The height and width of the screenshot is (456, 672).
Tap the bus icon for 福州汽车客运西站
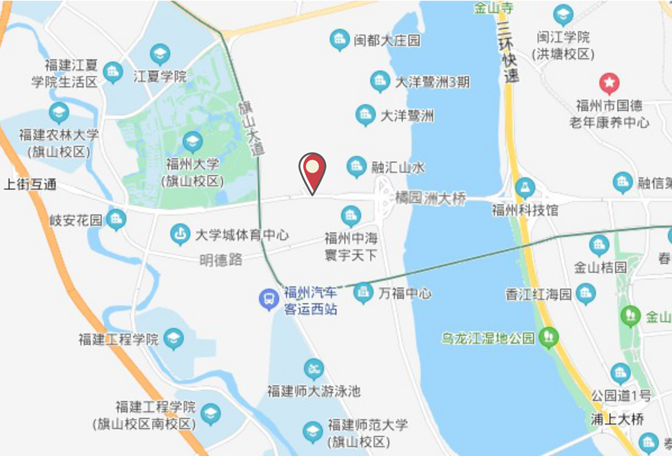click(269, 299)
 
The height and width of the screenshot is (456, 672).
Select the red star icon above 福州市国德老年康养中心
click(609, 83)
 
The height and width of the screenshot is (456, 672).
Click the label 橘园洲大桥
click(430, 198)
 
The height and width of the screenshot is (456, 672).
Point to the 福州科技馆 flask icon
click(525, 188)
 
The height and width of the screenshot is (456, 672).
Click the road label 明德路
click(221, 259)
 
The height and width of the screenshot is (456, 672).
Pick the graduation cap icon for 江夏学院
click(160, 54)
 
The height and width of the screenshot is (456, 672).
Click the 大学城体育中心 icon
click(180, 234)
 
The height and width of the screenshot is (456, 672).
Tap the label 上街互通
click(30, 184)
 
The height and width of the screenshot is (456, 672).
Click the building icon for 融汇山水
click(357, 166)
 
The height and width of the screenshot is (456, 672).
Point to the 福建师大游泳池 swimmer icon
click(314, 369)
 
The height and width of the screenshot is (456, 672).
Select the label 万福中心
click(405, 293)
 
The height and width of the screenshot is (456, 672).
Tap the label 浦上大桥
click(618, 419)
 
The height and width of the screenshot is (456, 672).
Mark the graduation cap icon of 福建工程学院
click(174, 339)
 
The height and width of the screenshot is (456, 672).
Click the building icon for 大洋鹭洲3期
click(380, 82)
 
